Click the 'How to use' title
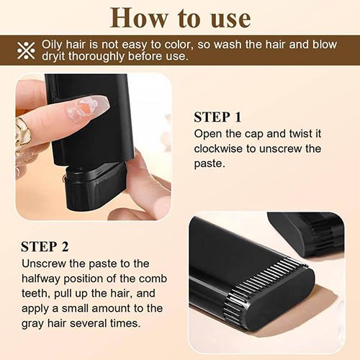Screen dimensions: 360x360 pos(180,17)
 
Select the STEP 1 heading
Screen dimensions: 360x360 pos(217,117)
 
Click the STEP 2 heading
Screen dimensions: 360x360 pos(45,246)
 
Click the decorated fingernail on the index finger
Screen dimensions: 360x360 pos(87,109)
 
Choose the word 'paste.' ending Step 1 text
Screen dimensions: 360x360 pos(210,164)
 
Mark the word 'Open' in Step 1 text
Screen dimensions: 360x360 pos(208,134)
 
